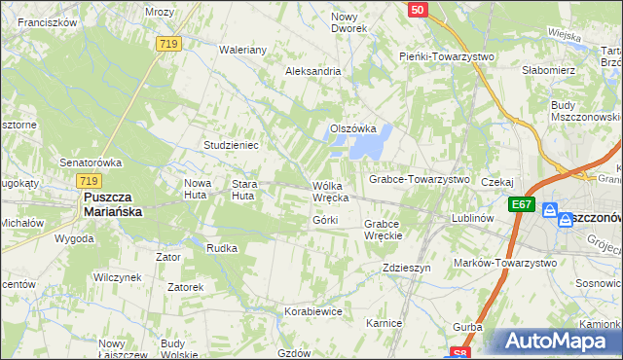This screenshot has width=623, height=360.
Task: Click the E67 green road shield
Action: [x=522, y=204]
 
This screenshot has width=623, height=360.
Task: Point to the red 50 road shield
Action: [x=417, y=10]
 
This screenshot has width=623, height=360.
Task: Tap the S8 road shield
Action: [x=461, y=353]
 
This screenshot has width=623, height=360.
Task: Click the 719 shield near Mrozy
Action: [x=167, y=44]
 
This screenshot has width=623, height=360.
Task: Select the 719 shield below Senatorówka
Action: [x=90, y=181]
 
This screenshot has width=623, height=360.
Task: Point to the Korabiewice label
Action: [x=312, y=311]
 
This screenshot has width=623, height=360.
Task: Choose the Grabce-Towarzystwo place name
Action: [x=419, y=180]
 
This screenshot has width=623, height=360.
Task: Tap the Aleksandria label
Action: [x=312, y=71]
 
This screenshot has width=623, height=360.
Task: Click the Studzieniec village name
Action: [x=230, y=145]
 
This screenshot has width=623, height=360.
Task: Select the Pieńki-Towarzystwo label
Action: [x=447, y=56]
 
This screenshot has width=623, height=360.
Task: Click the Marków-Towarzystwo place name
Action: [x=505, y=263]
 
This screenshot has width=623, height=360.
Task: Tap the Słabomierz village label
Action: [x=549, y=70]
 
